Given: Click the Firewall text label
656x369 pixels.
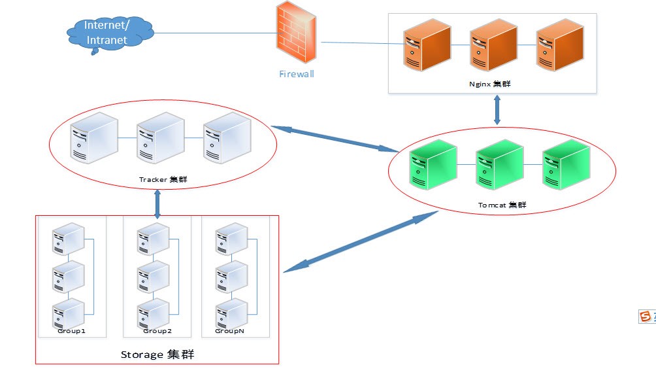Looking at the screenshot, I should (x=297, y=74).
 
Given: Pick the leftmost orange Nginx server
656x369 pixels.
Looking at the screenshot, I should (x=427, y=45).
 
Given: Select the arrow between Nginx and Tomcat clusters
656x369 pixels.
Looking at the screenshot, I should (x=497, y=110).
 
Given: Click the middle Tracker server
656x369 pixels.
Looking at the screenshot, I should (x=159, y=138).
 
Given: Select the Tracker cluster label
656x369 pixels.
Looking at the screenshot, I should (x=161, y=179).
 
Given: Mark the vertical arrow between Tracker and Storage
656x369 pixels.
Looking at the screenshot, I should (x=157, y=204).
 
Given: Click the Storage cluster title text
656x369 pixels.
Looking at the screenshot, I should (x=157, y=355).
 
